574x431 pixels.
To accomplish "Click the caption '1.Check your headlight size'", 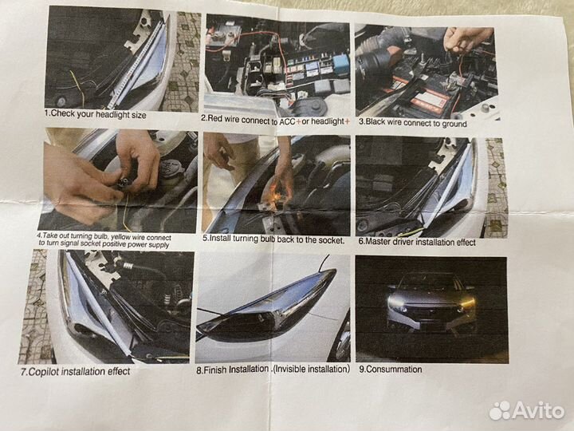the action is [95, 114].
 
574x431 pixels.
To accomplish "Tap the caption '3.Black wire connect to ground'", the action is [413, 122].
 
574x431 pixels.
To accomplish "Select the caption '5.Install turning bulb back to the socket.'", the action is [273, 239].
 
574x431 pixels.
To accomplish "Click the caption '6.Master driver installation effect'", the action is [417, 242].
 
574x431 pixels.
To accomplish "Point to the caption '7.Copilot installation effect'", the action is [76, 372].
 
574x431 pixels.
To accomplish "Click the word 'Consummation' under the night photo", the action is [394, 369].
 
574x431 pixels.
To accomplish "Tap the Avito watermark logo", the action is [526, 410].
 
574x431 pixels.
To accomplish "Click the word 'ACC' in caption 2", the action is [287, 121].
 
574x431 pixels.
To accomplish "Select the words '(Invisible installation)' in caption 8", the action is [312, 369].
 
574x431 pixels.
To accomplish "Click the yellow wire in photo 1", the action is [77, 87].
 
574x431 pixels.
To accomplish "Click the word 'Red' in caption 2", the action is [215, 119].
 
